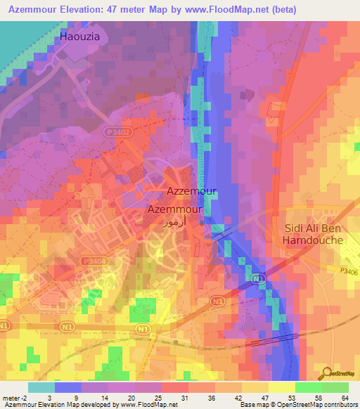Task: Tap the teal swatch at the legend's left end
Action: (41, 387)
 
